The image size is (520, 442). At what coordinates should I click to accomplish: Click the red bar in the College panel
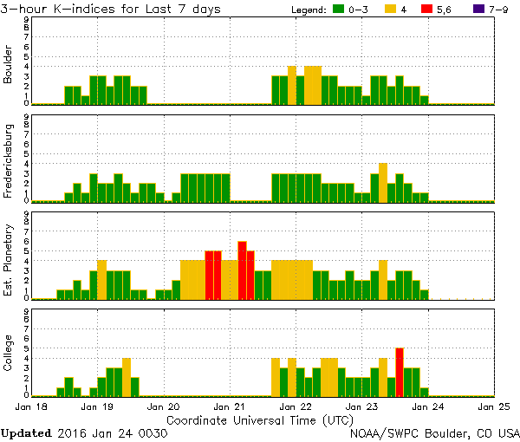click(x=400, y=372)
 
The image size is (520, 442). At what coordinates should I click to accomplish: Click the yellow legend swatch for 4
click(x=392, y=9)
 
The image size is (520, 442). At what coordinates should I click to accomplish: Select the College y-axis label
click(x=9, y=355)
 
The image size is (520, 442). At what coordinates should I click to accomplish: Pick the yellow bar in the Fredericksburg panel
click(x=383, y=182)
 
